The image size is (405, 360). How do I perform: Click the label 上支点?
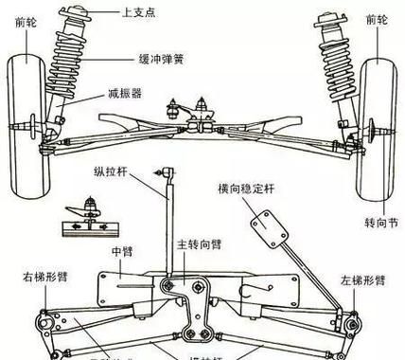tap(139, 13)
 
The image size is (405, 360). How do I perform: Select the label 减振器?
tap(123, 96)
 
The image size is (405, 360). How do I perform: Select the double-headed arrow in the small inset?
tap(84, 226)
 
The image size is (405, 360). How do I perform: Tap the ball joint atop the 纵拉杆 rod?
tap(168, 171)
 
